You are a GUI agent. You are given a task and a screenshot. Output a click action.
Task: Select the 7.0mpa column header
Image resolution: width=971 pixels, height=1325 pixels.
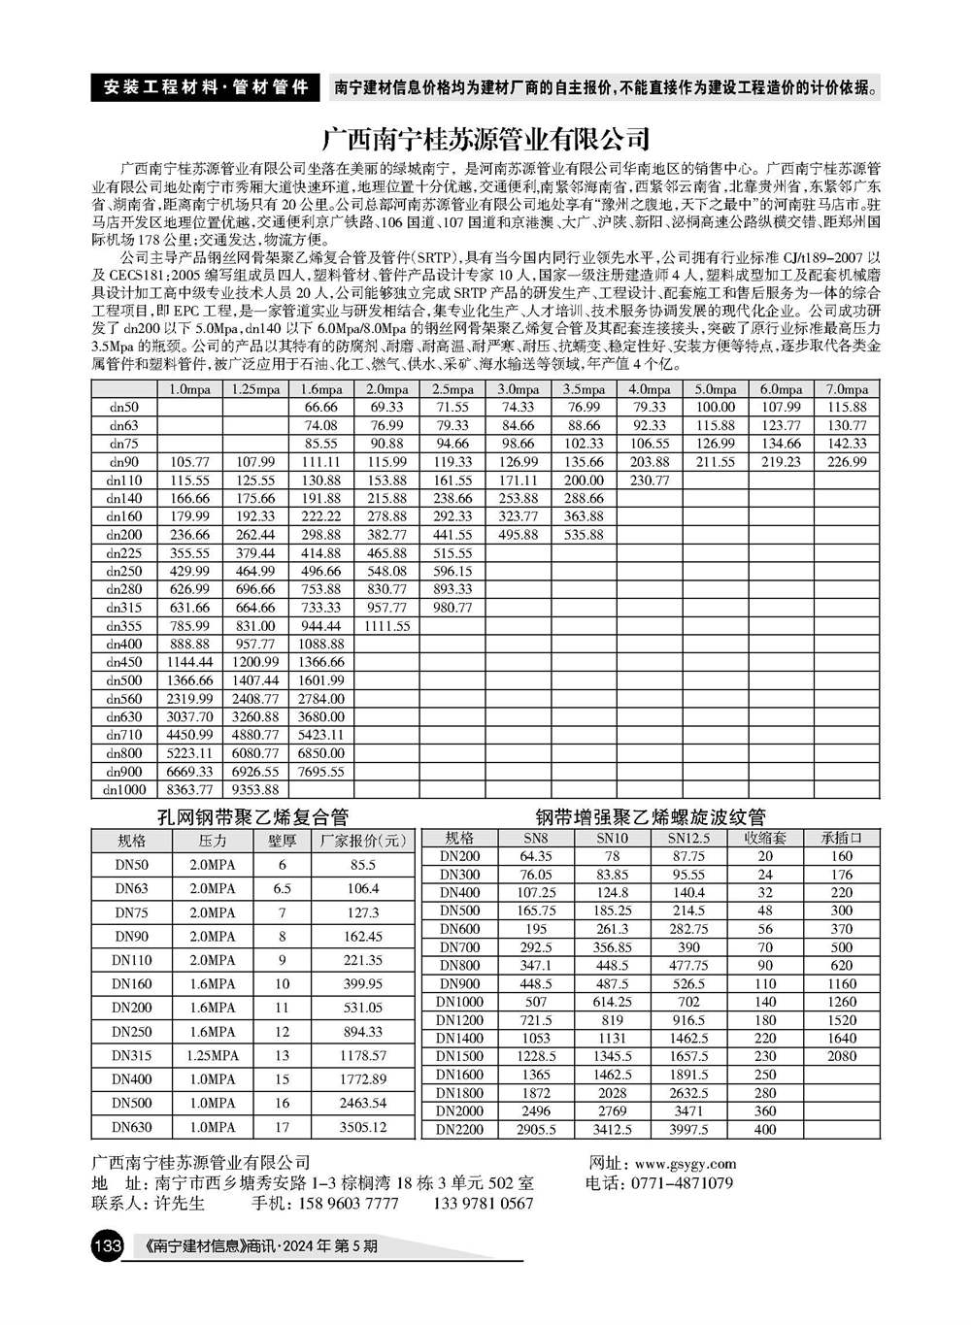847,389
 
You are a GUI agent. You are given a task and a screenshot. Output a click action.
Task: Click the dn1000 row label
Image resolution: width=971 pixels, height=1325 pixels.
124,790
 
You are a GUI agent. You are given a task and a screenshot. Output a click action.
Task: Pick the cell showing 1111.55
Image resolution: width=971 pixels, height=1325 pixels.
386,626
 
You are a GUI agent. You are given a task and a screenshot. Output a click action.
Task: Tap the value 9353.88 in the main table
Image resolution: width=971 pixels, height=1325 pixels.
255,790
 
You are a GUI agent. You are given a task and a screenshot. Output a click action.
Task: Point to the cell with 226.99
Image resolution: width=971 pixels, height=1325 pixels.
847,462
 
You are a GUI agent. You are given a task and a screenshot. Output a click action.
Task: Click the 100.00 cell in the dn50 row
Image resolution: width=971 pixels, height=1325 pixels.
716,408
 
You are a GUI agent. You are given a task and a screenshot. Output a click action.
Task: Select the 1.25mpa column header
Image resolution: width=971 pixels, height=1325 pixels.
255,389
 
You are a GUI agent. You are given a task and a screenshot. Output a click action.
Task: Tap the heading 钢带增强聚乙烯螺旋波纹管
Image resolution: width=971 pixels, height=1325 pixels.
651,816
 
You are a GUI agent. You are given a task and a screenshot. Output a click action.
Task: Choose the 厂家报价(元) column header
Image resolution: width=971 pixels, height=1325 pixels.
363,841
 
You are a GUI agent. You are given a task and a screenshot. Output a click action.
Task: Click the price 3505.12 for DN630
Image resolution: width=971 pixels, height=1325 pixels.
363,1127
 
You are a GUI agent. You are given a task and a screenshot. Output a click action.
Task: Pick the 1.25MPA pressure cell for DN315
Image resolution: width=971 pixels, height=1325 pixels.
212,1055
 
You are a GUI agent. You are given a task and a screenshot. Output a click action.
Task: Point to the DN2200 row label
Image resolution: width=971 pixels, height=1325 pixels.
459,1130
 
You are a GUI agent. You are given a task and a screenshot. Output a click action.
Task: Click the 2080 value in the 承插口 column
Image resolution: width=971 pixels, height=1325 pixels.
842,1056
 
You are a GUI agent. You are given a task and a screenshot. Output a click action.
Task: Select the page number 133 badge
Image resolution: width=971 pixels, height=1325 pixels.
106,1245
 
